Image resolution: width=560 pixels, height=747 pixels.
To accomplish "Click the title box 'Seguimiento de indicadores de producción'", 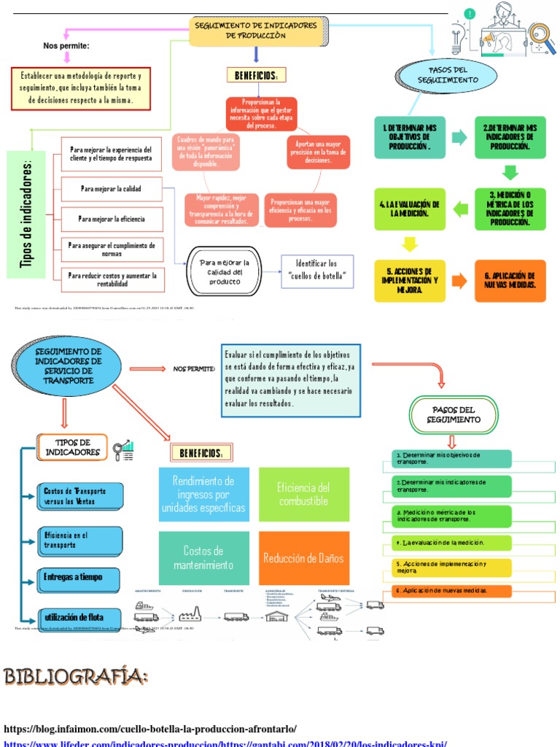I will pos(257,31).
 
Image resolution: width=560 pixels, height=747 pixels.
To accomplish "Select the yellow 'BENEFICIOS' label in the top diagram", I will pos(256,76).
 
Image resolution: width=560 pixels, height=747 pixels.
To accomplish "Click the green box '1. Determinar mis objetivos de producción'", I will pos(407,136).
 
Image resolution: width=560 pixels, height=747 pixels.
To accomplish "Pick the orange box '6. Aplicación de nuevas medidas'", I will pos(510,281).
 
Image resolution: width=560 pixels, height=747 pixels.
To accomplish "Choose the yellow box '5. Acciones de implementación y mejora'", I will pos(409,281).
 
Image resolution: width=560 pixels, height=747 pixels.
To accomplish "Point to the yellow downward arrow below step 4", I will pos(409,244).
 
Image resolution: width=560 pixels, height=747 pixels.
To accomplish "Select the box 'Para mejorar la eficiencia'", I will pos(112,219).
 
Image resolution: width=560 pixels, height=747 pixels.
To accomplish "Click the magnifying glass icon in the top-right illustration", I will pos(540,34).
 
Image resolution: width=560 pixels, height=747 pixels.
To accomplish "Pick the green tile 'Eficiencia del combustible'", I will pos(303,495).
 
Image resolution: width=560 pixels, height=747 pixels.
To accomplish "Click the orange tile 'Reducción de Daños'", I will pos(303,558).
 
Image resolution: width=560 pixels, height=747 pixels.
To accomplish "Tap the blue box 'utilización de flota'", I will pos(81,616).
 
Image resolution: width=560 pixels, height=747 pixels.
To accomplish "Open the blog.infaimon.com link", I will pos(150,729).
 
